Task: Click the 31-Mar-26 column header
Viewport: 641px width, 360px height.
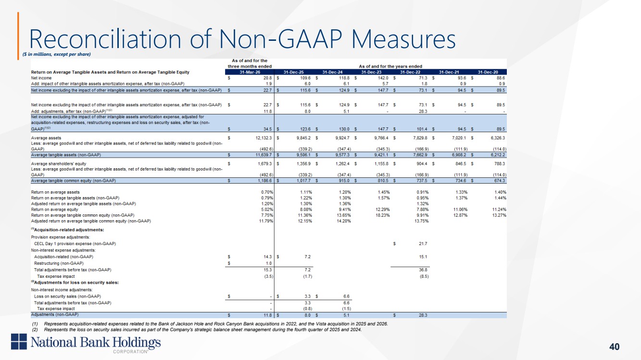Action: click(250, 72)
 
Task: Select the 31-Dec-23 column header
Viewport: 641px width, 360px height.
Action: click(371, 72)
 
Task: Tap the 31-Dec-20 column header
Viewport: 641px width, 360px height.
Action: click(488, 72)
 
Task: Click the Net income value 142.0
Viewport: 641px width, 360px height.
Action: click(383, 78)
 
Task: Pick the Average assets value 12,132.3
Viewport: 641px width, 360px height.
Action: click(264, 138)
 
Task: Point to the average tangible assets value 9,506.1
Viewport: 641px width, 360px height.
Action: click(303, 155)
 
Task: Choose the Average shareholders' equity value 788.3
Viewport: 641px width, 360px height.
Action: click(500, 163)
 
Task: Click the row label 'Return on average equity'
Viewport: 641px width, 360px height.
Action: click(54, 210)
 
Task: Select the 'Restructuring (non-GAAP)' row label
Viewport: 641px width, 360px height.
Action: click(59, 263)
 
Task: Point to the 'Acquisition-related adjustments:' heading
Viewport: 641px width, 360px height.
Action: click(67, 230)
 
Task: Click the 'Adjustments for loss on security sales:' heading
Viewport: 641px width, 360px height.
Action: click(75, 283)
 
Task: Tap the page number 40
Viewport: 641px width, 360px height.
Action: click(615, 347)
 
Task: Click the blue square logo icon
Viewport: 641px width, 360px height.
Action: click(19, 341)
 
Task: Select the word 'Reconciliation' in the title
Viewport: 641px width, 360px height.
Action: click(105, 39)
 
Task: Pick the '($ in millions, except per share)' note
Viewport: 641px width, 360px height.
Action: click(57, 54)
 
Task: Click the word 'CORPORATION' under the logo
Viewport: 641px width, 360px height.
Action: click(130, 352)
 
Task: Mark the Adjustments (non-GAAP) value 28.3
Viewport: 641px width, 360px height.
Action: click(423, 315)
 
